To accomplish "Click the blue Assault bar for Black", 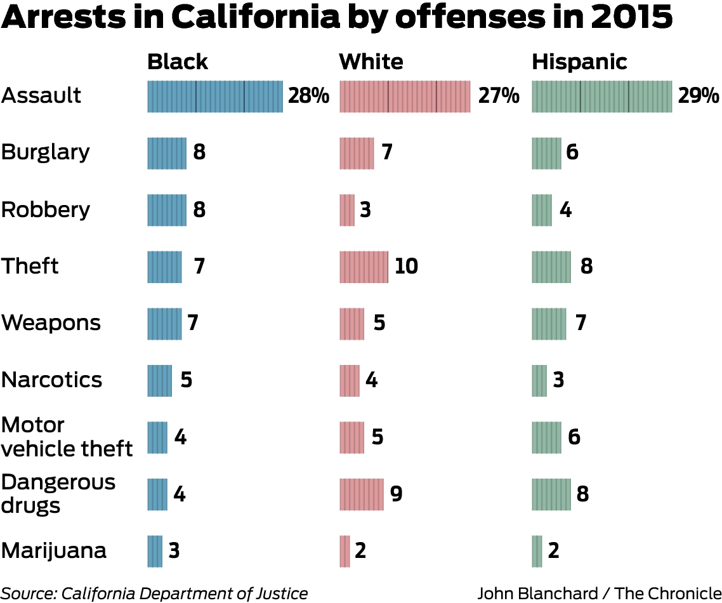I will [215, 96].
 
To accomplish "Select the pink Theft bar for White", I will [364, 267].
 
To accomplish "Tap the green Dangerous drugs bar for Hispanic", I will [551, 494].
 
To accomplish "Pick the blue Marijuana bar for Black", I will [155, 551].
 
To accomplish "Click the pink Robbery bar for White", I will [347, 210].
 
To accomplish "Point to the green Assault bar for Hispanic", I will [601, 96].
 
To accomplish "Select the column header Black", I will [178, 62].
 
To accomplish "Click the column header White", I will [371, 62].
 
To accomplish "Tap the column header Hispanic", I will [579, 62].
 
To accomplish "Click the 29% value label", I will [699, 96].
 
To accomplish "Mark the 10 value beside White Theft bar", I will [406, 267].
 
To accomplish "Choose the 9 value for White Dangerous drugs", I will [397, 494].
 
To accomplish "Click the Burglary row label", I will [46, 153].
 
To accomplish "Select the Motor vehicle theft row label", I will [67, 437].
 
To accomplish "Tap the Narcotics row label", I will [51, 380].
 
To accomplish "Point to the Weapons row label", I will [51, 322].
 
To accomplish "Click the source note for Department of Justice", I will [154, 593].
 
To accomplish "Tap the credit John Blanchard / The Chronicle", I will [599, 593].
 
